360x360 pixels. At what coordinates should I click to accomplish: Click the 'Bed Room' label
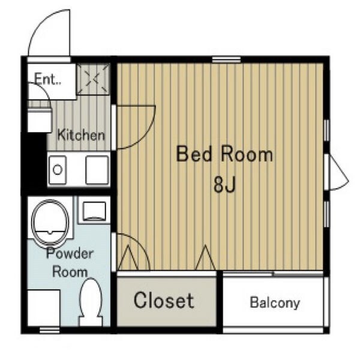tap(224, 154)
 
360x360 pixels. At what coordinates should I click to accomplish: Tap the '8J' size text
tap(225, 185)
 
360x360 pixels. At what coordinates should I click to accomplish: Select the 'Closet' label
tap(164, 301)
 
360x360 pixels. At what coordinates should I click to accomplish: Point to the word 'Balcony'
tap(275, 303)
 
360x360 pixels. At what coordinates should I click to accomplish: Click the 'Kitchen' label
tap(81, 135)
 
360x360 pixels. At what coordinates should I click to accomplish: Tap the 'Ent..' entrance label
tap(48, 79)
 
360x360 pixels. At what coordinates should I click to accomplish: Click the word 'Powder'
tap(70, 254)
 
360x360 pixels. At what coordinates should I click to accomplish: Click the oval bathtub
tap(50, 223)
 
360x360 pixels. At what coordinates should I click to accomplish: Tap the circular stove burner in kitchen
tap(58, 170)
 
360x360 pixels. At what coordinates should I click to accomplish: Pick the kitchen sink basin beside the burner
tap(97, 170)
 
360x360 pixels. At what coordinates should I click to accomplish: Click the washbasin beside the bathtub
tap(94, 211)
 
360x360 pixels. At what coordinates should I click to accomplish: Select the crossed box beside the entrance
tap(93, 79)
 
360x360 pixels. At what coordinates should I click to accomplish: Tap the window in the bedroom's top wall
tap(226, 59)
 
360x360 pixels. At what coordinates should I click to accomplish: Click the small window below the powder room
tap(50, 331)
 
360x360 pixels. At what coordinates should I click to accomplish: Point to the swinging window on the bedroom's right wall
tap(337, 172)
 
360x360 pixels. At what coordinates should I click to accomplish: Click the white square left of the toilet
tap(44, 308)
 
